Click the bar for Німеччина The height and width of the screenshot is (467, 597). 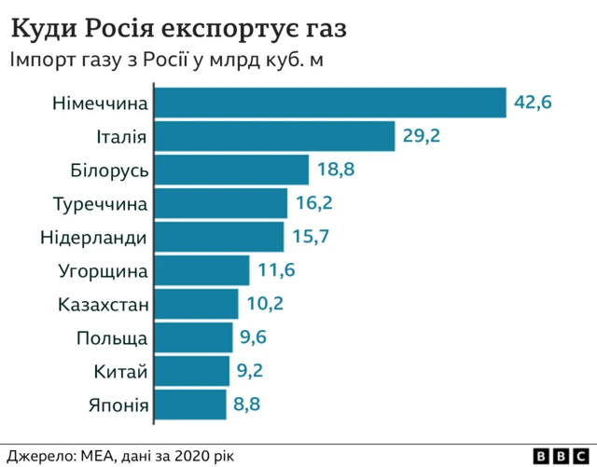coord(329,103)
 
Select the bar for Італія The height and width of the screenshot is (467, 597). coord(274,136)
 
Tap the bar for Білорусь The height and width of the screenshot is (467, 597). coord(230,170)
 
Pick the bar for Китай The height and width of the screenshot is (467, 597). coord(191,371)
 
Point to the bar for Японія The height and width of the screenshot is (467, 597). coord(189,405)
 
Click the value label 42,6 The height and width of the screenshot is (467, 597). coord(534,103)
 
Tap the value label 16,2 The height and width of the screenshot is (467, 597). coord(313,203)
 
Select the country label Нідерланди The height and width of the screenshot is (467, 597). coord(93,237)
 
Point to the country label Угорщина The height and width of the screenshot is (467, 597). coord(102,271)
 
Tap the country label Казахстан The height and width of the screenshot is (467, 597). coord(102,304)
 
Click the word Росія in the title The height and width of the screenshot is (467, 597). coord(131,29)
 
